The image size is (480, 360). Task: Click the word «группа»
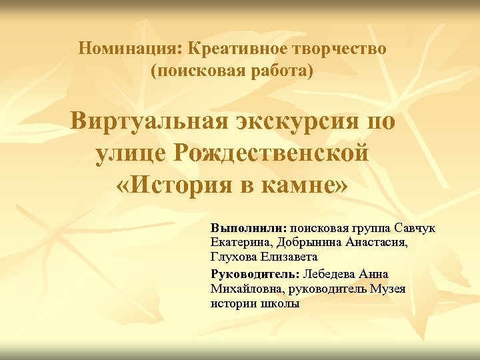(366, 229)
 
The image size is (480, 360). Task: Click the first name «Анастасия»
(380, 243)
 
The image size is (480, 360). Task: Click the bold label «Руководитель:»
(256, 274)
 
